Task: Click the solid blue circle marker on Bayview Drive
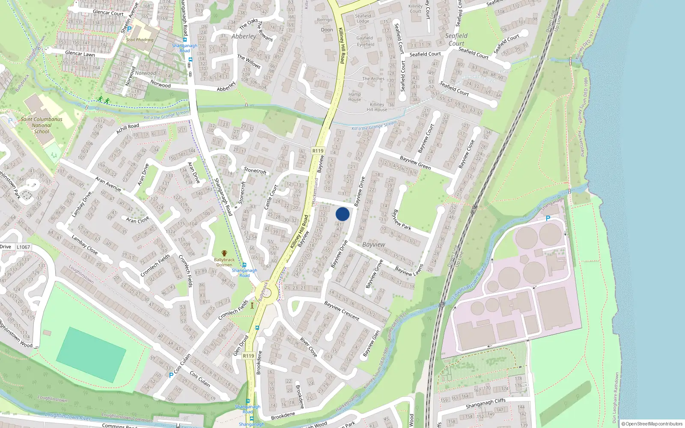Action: (342, 214)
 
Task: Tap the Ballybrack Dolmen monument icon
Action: (224, 254)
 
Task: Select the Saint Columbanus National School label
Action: (42, 125)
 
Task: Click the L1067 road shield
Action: (24, 247)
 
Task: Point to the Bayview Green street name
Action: (415, 163)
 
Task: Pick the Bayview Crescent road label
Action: (342, 311)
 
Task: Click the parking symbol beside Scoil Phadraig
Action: (129, 30)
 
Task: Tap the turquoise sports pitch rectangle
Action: (91, 354)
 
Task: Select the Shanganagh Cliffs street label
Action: (485, 403)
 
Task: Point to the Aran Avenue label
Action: (108, 184)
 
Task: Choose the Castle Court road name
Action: (271, 197)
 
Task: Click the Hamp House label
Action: (354, 97)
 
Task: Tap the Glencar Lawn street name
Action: (80, 54)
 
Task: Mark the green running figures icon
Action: (103, 100)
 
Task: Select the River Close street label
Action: (309, 347)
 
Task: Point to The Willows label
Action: (249, 62)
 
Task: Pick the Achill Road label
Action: (128, 128)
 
